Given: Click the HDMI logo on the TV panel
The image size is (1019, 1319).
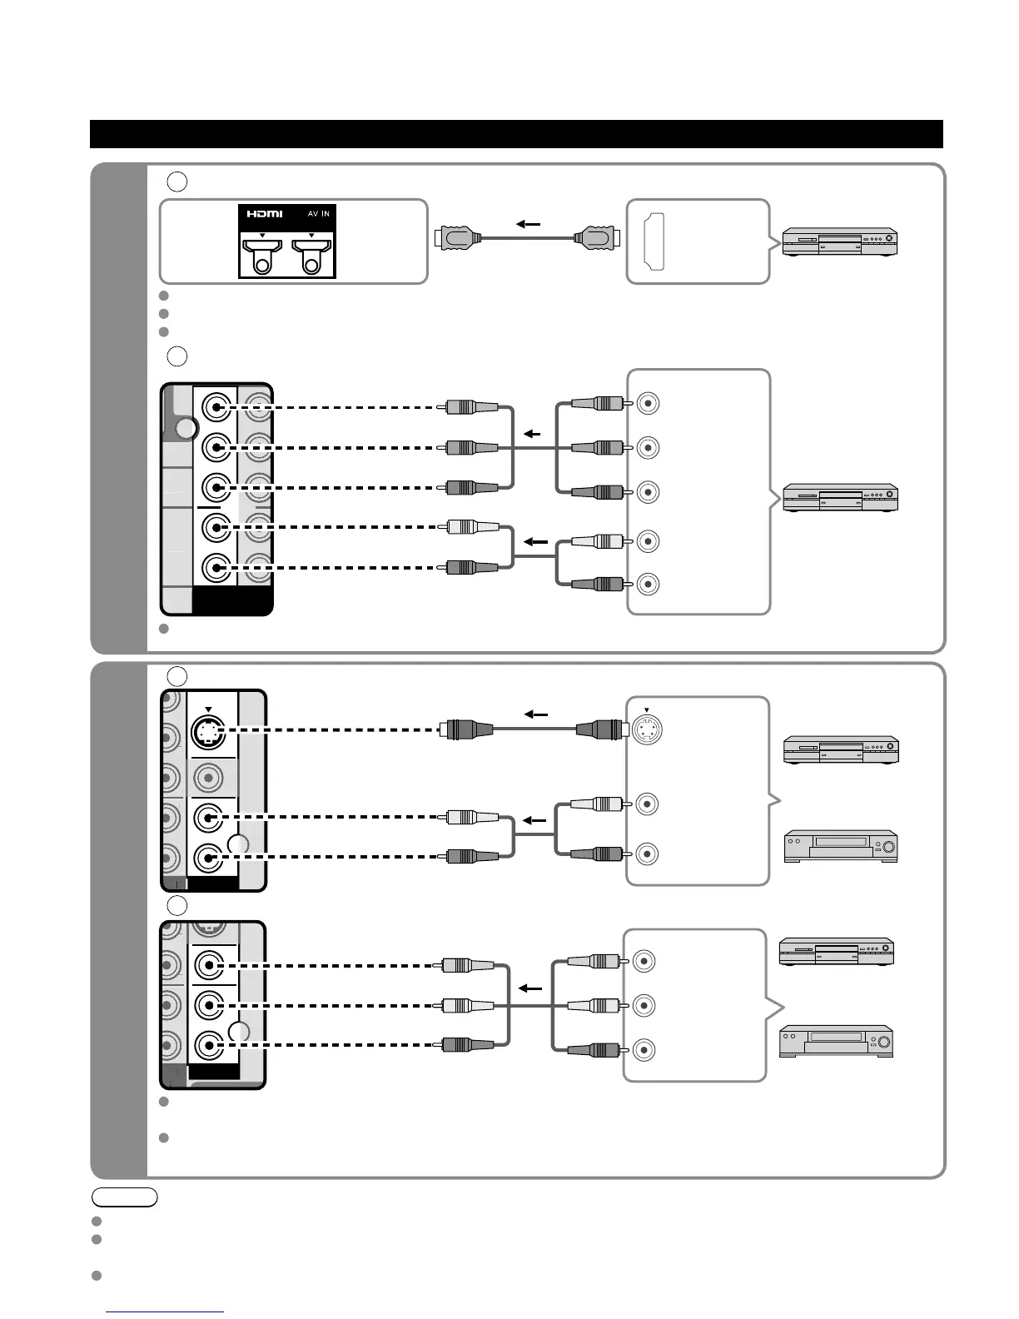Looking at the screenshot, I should coord(264,214).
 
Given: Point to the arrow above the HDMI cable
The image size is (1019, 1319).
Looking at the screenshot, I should coord(528,224).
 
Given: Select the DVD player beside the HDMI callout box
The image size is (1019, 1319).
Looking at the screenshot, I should coord(839,242).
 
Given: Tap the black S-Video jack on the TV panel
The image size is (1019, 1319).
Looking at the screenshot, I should coord(207,732).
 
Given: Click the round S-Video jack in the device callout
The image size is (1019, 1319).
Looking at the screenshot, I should coord(648,730).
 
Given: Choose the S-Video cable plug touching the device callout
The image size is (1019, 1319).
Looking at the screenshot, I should coord(600,730).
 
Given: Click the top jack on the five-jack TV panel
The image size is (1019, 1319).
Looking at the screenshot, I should coord(216,408).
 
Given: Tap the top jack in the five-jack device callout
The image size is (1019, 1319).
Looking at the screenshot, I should coord(649,404).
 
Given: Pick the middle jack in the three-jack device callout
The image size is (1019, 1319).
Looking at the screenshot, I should coord(643,1005).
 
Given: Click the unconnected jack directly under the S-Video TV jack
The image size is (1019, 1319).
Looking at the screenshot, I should coord(207,778).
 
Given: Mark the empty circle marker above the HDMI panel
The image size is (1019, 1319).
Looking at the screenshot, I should coord(176,181).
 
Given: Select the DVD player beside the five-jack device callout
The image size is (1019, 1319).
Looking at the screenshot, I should coord(839,498).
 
